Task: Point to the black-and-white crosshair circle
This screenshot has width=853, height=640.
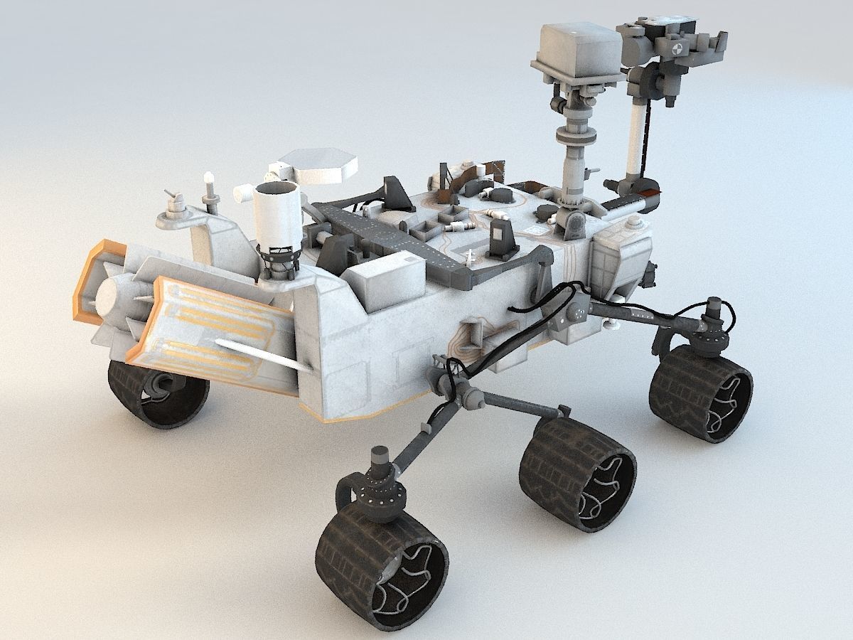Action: tap(676, 48)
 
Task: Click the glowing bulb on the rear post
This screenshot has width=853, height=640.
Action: tap(208, 178)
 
